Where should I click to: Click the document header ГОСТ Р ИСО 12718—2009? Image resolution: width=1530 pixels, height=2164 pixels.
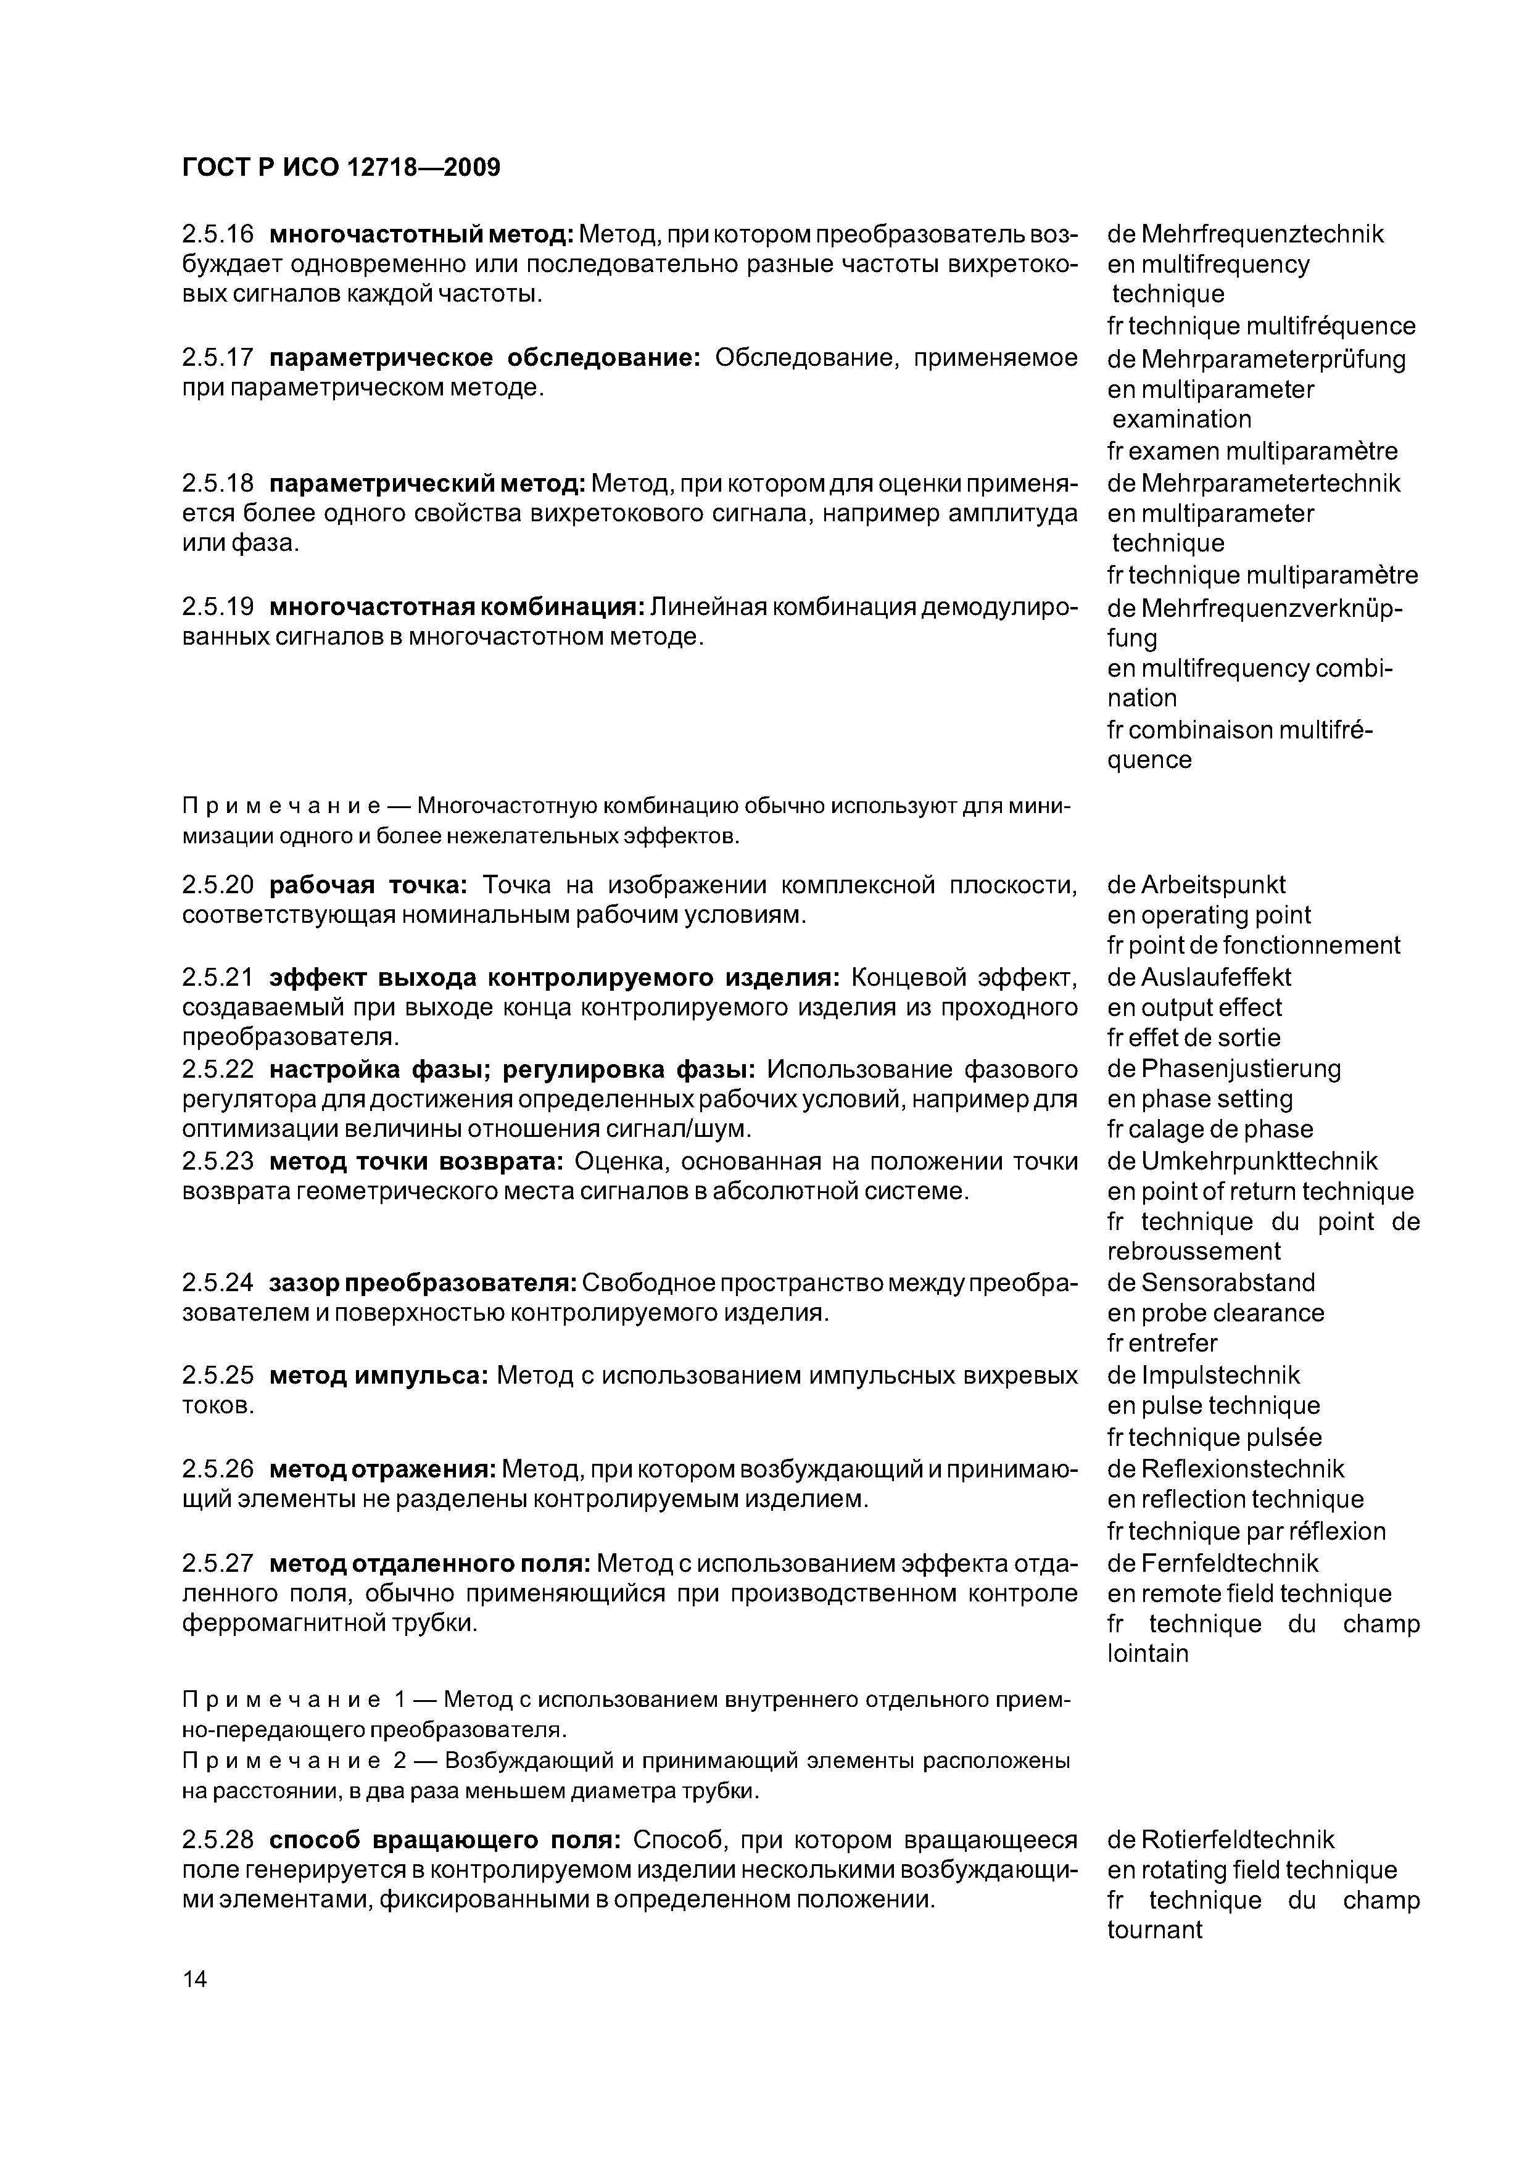tap(341, 168)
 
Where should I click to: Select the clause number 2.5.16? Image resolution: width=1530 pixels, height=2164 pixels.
tap(218, 234)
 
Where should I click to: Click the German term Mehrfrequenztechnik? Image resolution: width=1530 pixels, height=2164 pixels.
tap(1262, 234)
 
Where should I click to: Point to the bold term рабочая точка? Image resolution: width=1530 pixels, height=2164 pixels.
tap(368, 885)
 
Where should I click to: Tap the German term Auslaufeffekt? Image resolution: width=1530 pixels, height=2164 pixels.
tap(1215, 977)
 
